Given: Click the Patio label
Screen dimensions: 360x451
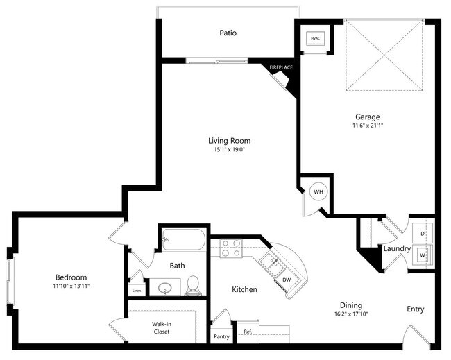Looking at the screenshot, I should (x=228, y=33).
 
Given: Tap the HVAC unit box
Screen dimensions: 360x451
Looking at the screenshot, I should (x=316, y=37).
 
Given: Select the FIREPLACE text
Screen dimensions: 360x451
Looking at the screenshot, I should (x=282, y=67).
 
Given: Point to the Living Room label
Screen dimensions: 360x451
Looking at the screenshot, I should (x=229, y=141).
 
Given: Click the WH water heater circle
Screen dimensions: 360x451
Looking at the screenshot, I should (x=318, y=191).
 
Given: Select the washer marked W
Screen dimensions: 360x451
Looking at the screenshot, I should (x=423, y=255).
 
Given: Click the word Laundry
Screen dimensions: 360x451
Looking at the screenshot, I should (x=398, y=248).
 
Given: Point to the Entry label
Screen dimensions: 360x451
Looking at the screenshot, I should (x=416, y=309).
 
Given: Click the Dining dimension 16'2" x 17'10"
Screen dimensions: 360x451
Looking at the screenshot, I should (x=350, y=314).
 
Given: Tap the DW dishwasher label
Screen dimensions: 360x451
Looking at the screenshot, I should (x=287, y=280).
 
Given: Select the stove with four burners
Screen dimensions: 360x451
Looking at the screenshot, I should (x=230, y=248).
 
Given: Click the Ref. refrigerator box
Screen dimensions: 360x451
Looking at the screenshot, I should (x=248, y=332).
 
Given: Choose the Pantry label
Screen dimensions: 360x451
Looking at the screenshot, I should (x=221, y=336).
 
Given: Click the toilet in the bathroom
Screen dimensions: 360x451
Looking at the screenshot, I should (x=194, y=284).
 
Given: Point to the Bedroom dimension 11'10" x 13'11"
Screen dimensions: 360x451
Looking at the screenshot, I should (x=71, y=286).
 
